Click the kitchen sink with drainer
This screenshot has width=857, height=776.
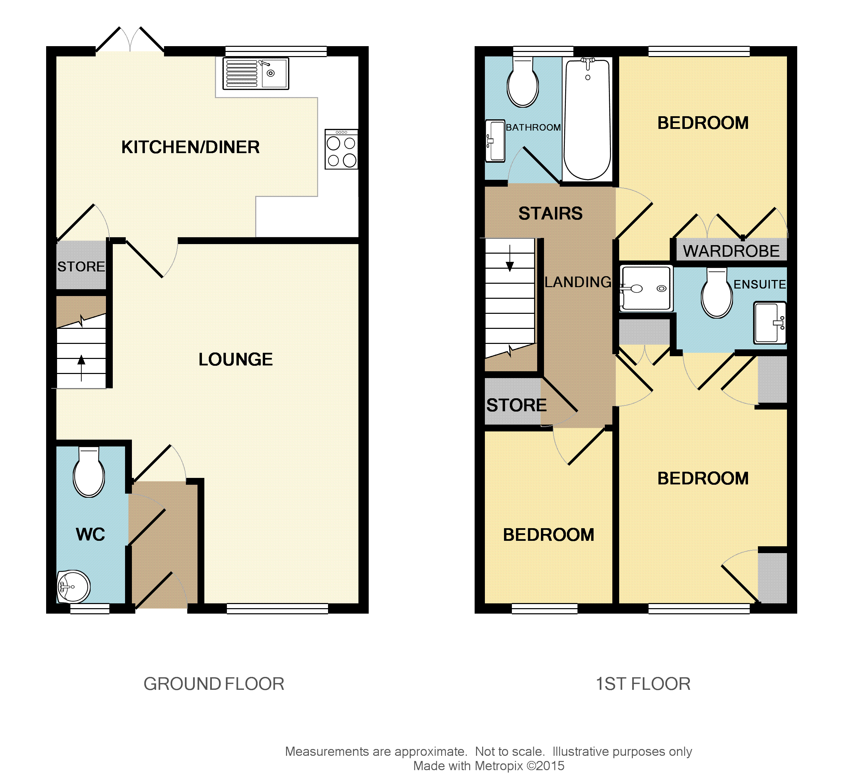point(256,73)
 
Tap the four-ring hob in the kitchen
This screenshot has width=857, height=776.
point(341,150)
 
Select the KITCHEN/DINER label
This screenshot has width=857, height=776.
point(190,147)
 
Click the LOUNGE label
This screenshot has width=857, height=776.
point(235,359)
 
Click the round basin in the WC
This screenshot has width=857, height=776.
point(73,587)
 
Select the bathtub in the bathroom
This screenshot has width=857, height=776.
point(587,119)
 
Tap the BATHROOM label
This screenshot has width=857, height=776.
point(533,128)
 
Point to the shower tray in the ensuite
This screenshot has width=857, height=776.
point(646,288)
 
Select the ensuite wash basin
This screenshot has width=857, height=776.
point(770,323)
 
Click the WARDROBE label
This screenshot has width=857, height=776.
point(731,251)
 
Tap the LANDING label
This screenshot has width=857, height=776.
point(578,282)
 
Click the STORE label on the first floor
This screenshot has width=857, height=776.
point(517,405)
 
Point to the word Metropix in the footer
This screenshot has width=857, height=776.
point(499,766)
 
